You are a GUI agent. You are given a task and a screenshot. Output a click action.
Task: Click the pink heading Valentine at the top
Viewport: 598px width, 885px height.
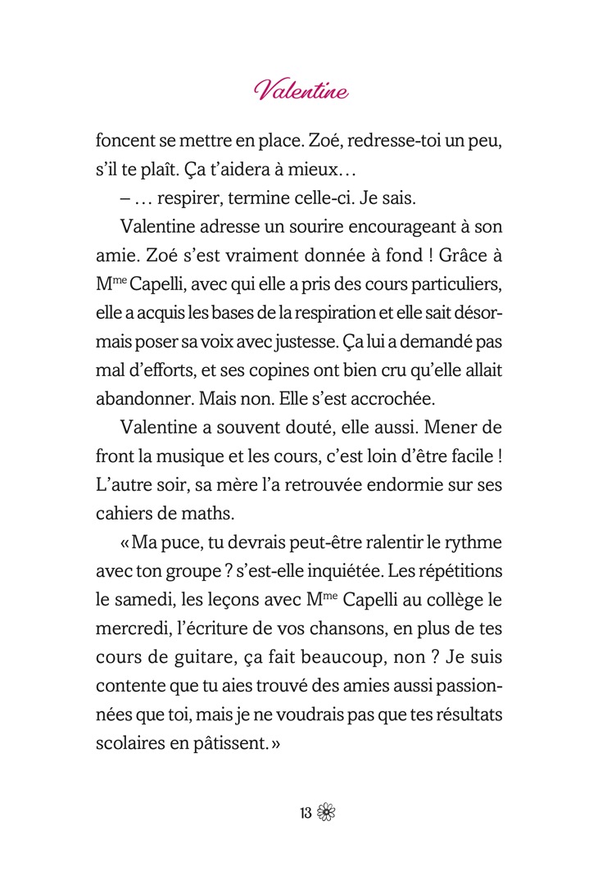[301, 89]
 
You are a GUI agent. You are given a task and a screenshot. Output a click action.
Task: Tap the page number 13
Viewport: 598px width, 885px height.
[306, 814]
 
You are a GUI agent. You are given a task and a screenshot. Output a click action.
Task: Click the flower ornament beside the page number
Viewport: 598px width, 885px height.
[326, 814]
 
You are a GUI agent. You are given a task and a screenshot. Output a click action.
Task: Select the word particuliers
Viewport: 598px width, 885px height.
[458, 283]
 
